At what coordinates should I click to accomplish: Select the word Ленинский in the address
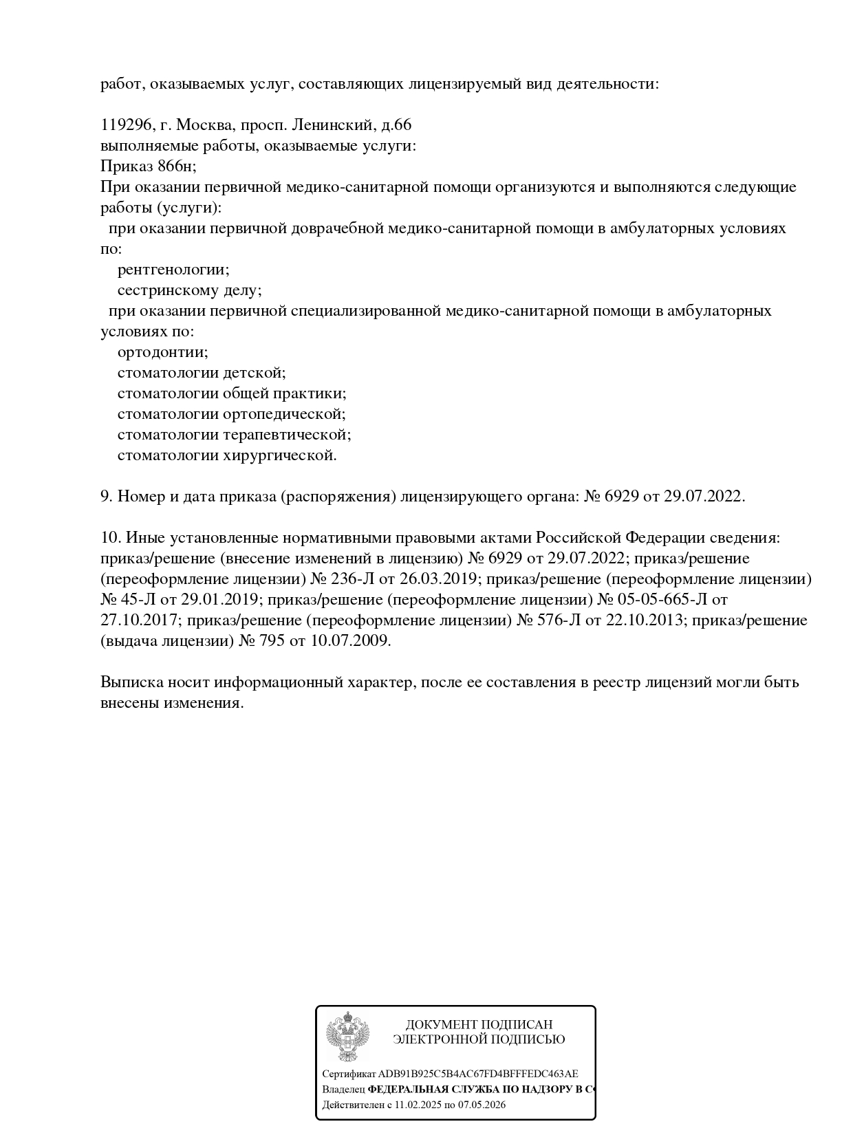332,125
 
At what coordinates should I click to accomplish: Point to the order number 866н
177,166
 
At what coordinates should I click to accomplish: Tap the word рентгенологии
173,270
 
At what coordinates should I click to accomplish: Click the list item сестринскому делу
189,290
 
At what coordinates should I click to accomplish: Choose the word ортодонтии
162,352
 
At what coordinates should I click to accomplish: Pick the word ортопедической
284,414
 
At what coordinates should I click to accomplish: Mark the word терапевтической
287,435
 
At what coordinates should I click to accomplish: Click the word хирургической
280,455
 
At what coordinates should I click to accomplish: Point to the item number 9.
106,497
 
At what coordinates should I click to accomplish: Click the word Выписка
131,682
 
